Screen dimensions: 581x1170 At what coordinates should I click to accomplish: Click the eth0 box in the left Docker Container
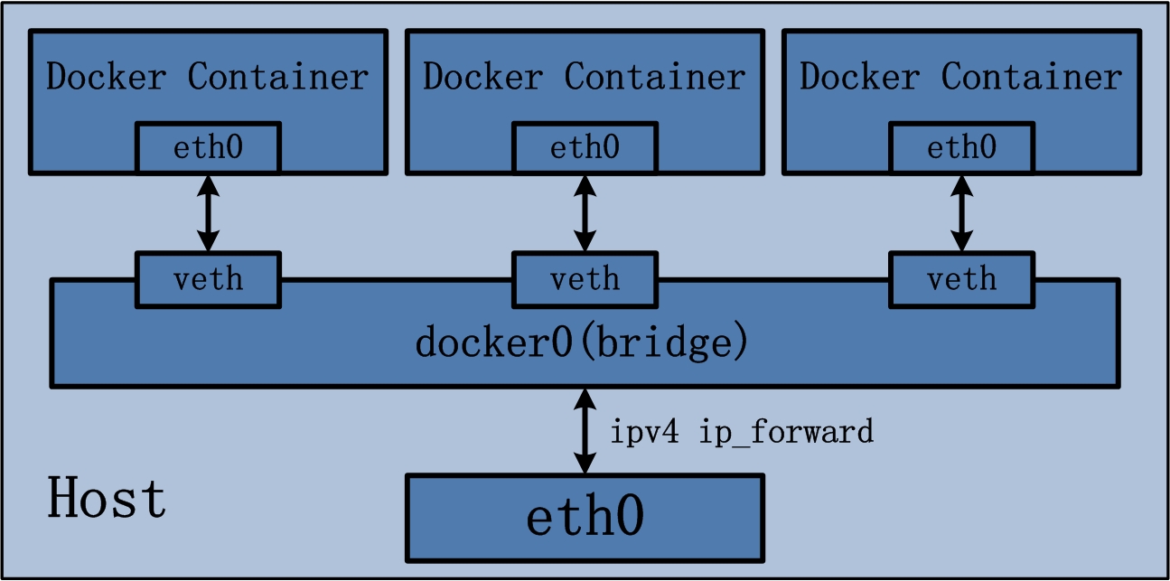[208, 147]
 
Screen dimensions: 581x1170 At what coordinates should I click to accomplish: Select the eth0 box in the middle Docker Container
[585, 147]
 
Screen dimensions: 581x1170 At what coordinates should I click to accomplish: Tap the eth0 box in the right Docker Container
[961, 147]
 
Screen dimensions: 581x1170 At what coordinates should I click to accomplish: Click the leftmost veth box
[208, 278]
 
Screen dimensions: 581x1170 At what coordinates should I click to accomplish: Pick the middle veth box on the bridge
[585, 278]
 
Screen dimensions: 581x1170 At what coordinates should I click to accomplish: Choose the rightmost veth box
[961, 278]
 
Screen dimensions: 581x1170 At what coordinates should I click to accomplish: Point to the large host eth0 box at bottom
[585, 518]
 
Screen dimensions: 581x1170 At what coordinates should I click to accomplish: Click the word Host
[107, 499]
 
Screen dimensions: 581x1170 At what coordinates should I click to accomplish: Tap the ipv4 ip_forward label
[742, 433]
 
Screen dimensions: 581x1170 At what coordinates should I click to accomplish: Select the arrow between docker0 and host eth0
[585, 431]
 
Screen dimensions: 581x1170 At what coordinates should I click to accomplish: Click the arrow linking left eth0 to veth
[209, 213]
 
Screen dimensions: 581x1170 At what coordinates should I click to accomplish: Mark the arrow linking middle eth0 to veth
[585, 213]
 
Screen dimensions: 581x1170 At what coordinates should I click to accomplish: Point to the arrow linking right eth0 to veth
[962, 213]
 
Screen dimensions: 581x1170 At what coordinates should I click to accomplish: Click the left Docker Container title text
[208, 78]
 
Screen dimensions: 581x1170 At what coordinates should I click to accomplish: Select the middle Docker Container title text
[585, 78]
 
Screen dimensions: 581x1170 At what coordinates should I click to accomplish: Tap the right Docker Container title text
[961, 78]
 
